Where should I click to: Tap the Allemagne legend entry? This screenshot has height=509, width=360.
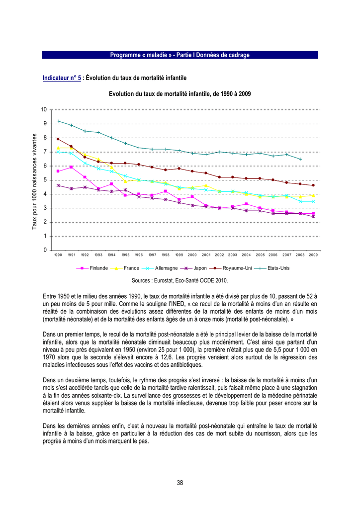(160, 268)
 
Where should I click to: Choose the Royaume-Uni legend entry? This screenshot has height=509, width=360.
(231, 268)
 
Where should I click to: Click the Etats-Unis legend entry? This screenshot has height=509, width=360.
(272, 268)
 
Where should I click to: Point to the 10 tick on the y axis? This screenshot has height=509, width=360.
(44, 110)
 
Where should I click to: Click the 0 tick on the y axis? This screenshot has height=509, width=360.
(45, 250)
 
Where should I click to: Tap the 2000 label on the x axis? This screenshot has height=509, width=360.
(192, 255)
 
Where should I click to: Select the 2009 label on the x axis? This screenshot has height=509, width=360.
(313, 255)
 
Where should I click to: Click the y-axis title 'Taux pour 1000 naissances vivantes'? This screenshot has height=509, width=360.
(34, 181)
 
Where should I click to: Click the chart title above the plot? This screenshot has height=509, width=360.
(180, 94)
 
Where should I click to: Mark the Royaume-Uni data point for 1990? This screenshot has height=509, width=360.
(58, 139)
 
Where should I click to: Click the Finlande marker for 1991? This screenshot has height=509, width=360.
(72, 167)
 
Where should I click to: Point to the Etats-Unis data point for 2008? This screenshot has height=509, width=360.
(300, 159)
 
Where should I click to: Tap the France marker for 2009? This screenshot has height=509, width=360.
(314, 195)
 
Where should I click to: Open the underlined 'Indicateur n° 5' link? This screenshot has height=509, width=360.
(62, 78)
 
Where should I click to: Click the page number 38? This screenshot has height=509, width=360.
(180, 483)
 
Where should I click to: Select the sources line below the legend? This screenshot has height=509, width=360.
(180, 280)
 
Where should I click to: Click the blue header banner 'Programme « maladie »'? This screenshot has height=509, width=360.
(180, 55)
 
